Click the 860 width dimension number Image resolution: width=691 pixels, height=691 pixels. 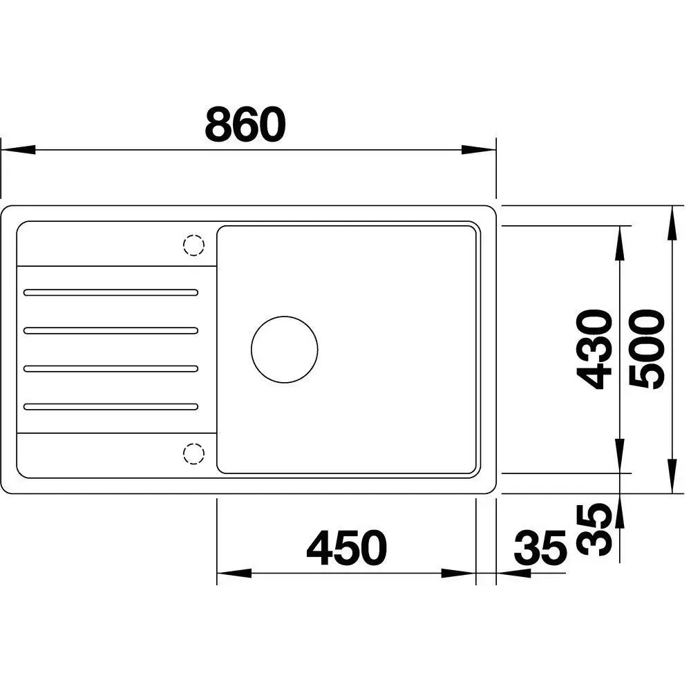click(245, 124)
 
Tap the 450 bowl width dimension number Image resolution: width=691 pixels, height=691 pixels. click(346, 548)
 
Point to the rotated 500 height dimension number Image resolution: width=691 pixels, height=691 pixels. click(647, 350)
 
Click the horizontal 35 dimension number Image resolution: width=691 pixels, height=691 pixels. click(540, 548)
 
